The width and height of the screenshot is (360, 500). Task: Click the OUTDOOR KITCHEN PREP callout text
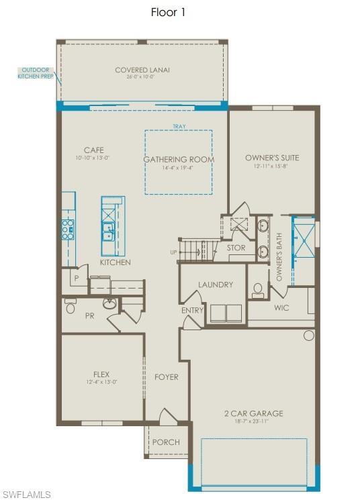[36, 72]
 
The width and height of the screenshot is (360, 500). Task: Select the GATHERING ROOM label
[178, 159]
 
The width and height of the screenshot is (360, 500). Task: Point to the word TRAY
[179, 126]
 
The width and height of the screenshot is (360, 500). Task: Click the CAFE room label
[93, 150]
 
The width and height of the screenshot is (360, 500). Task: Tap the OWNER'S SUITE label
[272, 158]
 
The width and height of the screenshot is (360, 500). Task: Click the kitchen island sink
[107, 232]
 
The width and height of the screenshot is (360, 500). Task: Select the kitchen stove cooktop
[68, 230]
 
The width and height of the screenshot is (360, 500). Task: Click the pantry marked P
[77, 278]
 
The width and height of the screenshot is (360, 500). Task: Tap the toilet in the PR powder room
[71, 307]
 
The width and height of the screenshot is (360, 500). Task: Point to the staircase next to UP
[198, 251]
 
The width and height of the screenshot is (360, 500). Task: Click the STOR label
[236, 248]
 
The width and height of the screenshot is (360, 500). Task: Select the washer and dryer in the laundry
[226, 313]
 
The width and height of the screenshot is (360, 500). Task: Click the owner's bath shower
[302, 239]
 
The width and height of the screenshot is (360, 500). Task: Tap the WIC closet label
[282, 307]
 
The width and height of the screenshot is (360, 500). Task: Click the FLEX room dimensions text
[101, 382]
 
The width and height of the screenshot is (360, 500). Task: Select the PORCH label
[166, 442]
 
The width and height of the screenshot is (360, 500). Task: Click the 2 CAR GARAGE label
[253, 413]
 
